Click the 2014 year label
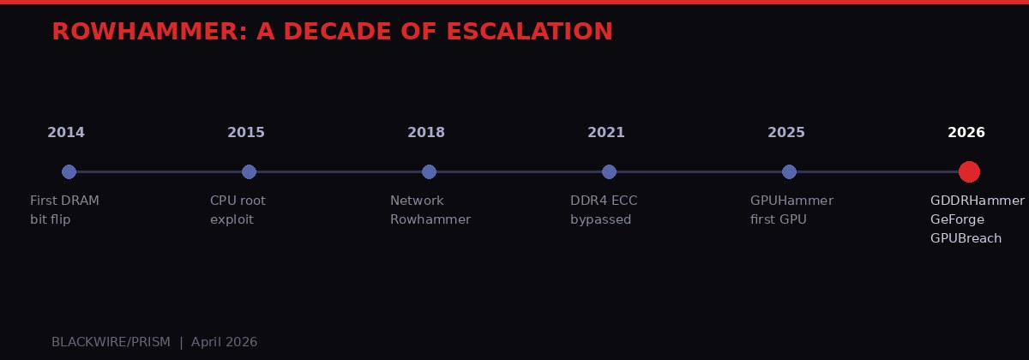[66, 133]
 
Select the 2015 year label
[246, 133]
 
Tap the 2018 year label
[426, 133]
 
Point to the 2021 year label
[606, 133]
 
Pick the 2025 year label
[786, 133]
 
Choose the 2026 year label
[966, 133]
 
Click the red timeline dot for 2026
[969, 171]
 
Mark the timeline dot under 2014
[69, 171]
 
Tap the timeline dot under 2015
[250, 171]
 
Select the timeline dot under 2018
[430, 171]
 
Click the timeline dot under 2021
[610, 171]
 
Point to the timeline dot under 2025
[790, 171]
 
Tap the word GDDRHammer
[977, 201]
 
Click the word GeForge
[957, 219]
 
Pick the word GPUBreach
[966, 238]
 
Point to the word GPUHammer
[791, 201]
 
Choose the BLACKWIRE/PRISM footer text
[111, 342]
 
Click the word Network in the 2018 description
[417, 201]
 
